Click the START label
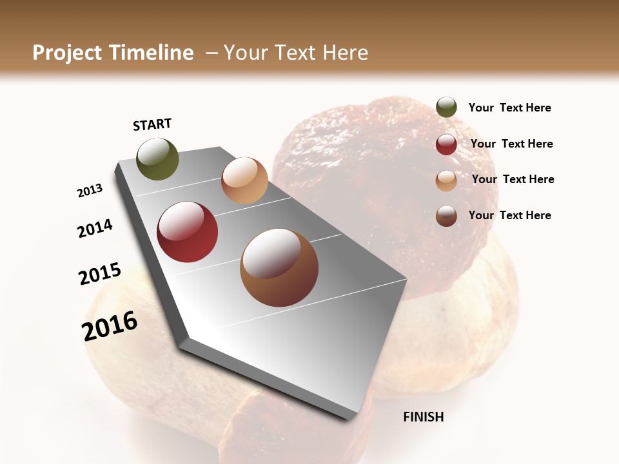click(x=152, y=124)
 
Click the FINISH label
click(x=423, y=417)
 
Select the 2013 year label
click(x=90, y=191)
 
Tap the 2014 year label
click(x=95, y=228)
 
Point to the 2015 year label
click(x=100, y=274)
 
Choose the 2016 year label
click(x=110, y=325)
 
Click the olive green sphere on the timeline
click(x=157, y=159)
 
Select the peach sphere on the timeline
click(x=244, y=180)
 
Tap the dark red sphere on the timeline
click(x=187, y=232)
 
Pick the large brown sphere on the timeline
click(x=279, y=267)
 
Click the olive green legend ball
click(x=446, y=108)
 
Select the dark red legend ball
click(x=446, y=144)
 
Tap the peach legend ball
click(x=446, y=180)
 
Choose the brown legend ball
click(x=446, y=216)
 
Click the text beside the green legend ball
click(x=509, y=108)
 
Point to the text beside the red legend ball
click(x=511, y=144)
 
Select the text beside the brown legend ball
click(x=509, y=215)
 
